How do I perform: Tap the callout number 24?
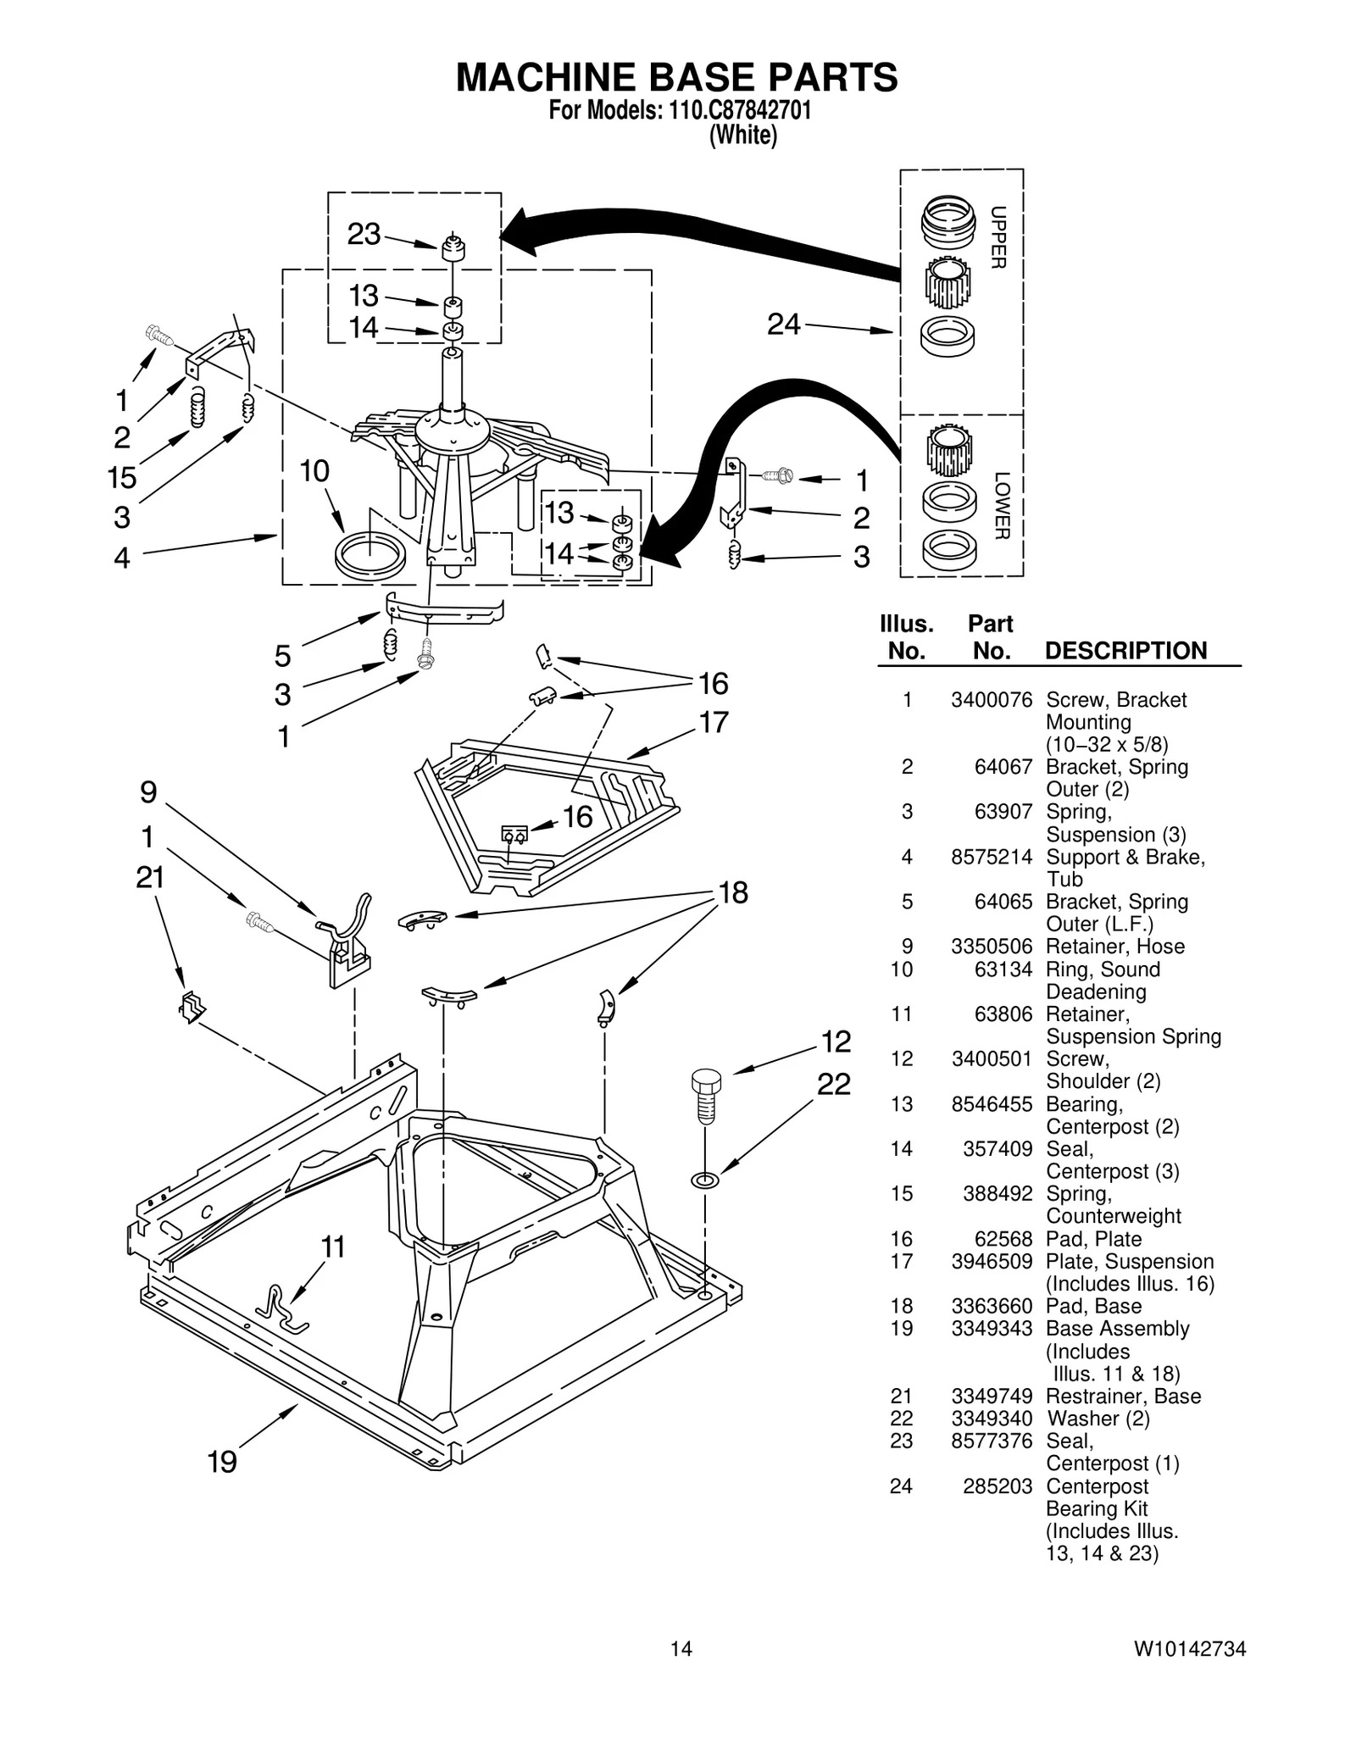tap(783, 324)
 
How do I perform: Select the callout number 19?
tap(223, 1462)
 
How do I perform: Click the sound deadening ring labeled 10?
tap(370, 555)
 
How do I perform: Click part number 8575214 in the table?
tap(991, 857)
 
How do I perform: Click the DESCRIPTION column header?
tap(1125, 651)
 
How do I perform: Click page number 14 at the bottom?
tap(681, 1672)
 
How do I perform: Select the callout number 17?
tap(713, 723)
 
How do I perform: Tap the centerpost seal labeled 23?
tap(454, 249)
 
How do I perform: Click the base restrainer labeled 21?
tap(192, 1006)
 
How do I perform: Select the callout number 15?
tap(122, 478)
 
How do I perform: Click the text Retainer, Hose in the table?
tap(1114, 947)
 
